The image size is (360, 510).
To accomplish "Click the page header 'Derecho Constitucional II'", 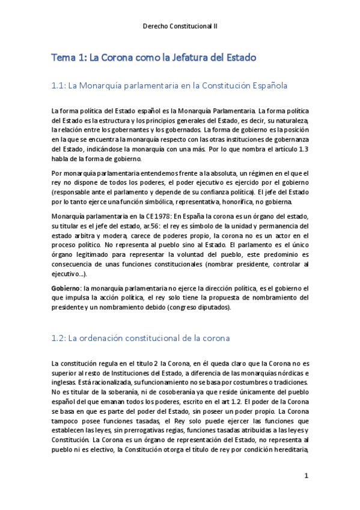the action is click(x=180, y=27).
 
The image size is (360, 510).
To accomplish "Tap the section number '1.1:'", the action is click(x=59, y=86).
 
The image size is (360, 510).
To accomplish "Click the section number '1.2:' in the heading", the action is click(x=59, y=339).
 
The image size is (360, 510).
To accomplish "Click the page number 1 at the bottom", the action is click(x=306, y=476).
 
